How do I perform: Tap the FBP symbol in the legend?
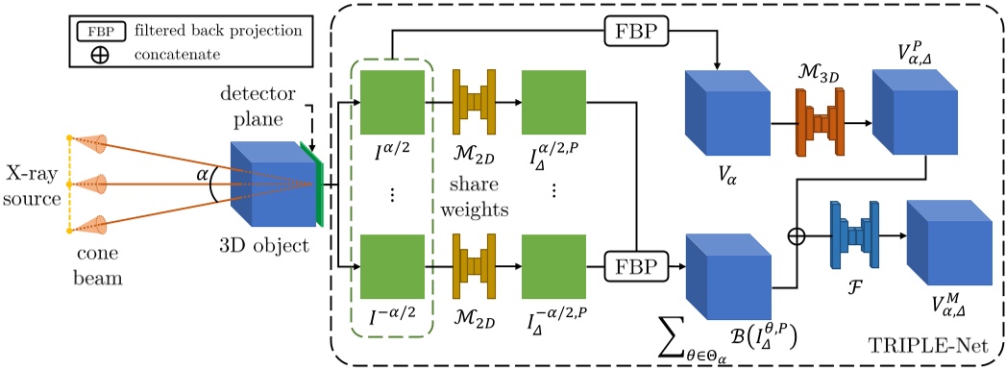point(99,30)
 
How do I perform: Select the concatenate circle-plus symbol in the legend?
point(99,54)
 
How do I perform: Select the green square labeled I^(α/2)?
point(391,101)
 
